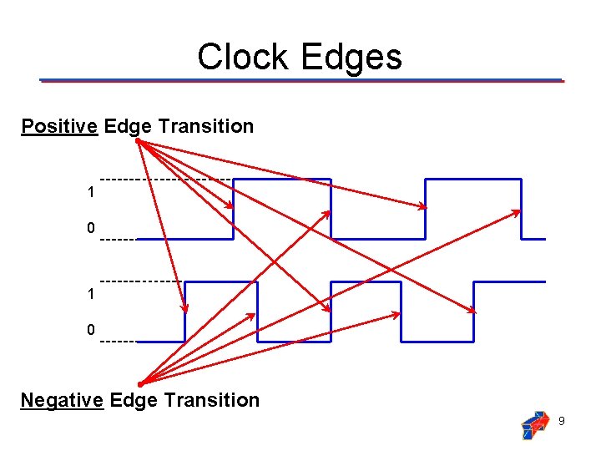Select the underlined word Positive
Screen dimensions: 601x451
59,126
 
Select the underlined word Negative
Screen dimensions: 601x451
62,400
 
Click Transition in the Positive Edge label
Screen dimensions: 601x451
205,126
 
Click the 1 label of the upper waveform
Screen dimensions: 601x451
90,193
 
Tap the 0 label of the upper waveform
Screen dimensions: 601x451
90,228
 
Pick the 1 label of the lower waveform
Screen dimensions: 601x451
90,294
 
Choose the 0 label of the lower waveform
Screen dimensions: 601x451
90,330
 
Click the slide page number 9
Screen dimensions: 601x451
561,421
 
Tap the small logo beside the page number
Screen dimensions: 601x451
534,424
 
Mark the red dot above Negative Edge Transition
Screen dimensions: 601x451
141,384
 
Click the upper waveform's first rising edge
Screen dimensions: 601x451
234,209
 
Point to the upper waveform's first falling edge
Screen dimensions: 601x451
331,209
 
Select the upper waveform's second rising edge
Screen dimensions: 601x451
426,209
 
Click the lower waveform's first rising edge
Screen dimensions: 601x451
184,312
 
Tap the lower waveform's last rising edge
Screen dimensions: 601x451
474,312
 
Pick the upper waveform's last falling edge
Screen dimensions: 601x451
522,209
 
